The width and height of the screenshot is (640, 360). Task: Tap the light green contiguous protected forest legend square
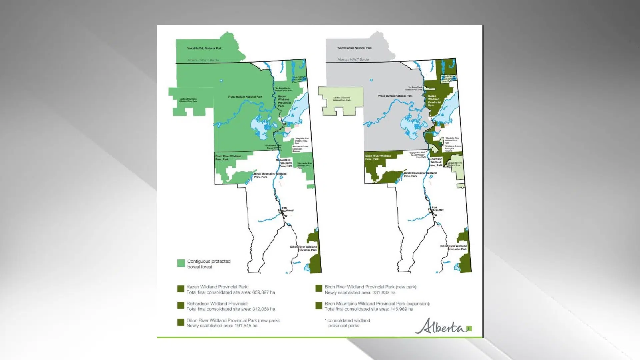click(181, 263)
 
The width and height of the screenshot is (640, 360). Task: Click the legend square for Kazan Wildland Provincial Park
click(181, 289)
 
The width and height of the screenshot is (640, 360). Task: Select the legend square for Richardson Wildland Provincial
click(181, 306)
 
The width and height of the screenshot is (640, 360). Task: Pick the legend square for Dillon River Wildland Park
click(181, 322)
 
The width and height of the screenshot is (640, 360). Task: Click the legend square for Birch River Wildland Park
click(319, 289)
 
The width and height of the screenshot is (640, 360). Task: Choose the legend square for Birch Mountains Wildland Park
click(319, 306)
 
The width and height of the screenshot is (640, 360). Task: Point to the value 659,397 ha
click(264, 292)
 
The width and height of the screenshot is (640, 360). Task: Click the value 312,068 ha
click(264, 309)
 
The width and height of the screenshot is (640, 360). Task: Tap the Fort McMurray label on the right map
click(438, 209)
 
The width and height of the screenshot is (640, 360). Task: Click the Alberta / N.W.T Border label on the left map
click(203, 60)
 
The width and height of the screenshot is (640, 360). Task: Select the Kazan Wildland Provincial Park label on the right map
click(434, 101)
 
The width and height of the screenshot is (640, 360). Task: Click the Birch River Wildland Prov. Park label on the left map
click(228, 158)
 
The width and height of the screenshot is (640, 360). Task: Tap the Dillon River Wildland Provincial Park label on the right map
click(454, 248)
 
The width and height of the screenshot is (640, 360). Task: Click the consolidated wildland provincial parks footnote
click(347, 323)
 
